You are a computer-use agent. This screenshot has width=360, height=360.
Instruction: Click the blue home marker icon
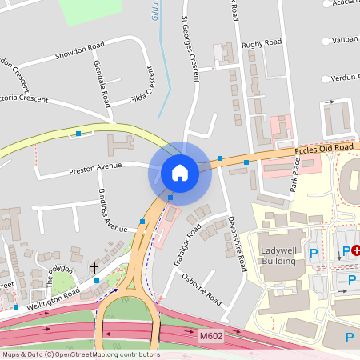(x=180, y=173)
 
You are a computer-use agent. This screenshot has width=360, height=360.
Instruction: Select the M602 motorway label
(x=210, y=339)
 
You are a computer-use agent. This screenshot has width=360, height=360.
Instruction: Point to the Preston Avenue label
(x=94, y=168)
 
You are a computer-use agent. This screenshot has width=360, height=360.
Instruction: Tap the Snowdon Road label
(x=80, y=56)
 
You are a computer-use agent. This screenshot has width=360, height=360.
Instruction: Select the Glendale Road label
(x=101, y=84)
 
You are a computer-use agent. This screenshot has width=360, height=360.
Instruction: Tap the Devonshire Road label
(x=237, y=241)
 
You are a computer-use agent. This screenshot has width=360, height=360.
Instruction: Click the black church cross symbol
(x=94, y=268)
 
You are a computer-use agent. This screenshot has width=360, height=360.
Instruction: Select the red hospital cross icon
(x=356, y=250)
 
